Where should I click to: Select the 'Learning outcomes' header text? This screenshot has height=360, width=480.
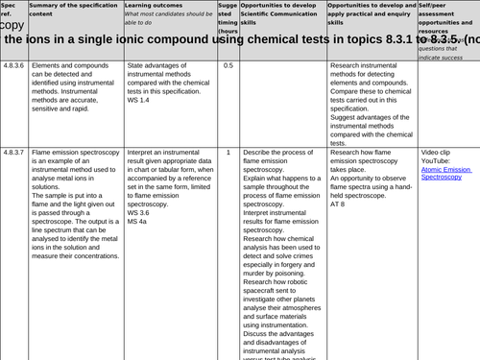[x=152, y=5]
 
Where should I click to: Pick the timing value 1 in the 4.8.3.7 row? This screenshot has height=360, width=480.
[x=228, y=153]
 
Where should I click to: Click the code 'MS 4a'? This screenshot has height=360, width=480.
[x=138, y=222]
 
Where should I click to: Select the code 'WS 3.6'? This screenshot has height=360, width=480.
[x=140, y=213]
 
